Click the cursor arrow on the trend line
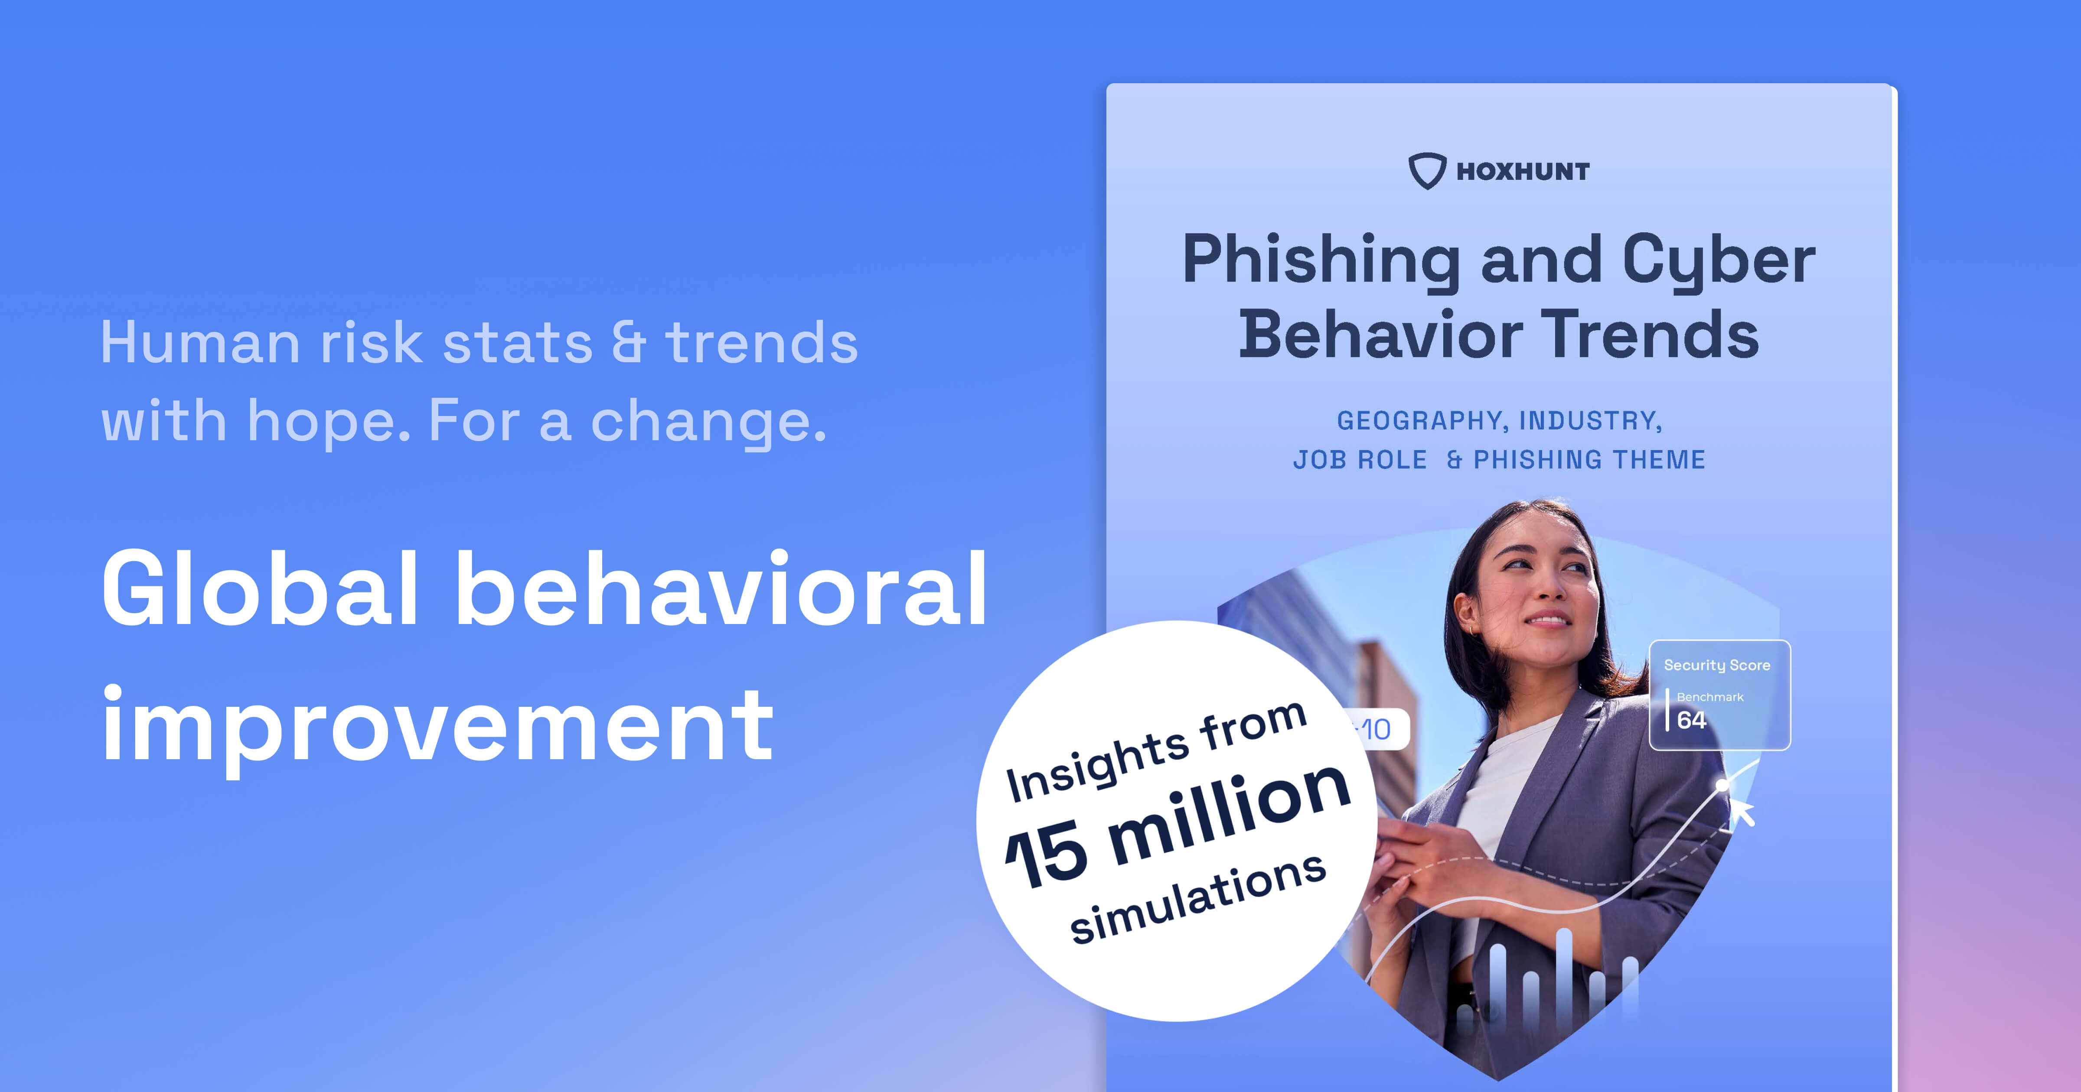[x=1742, y=812]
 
